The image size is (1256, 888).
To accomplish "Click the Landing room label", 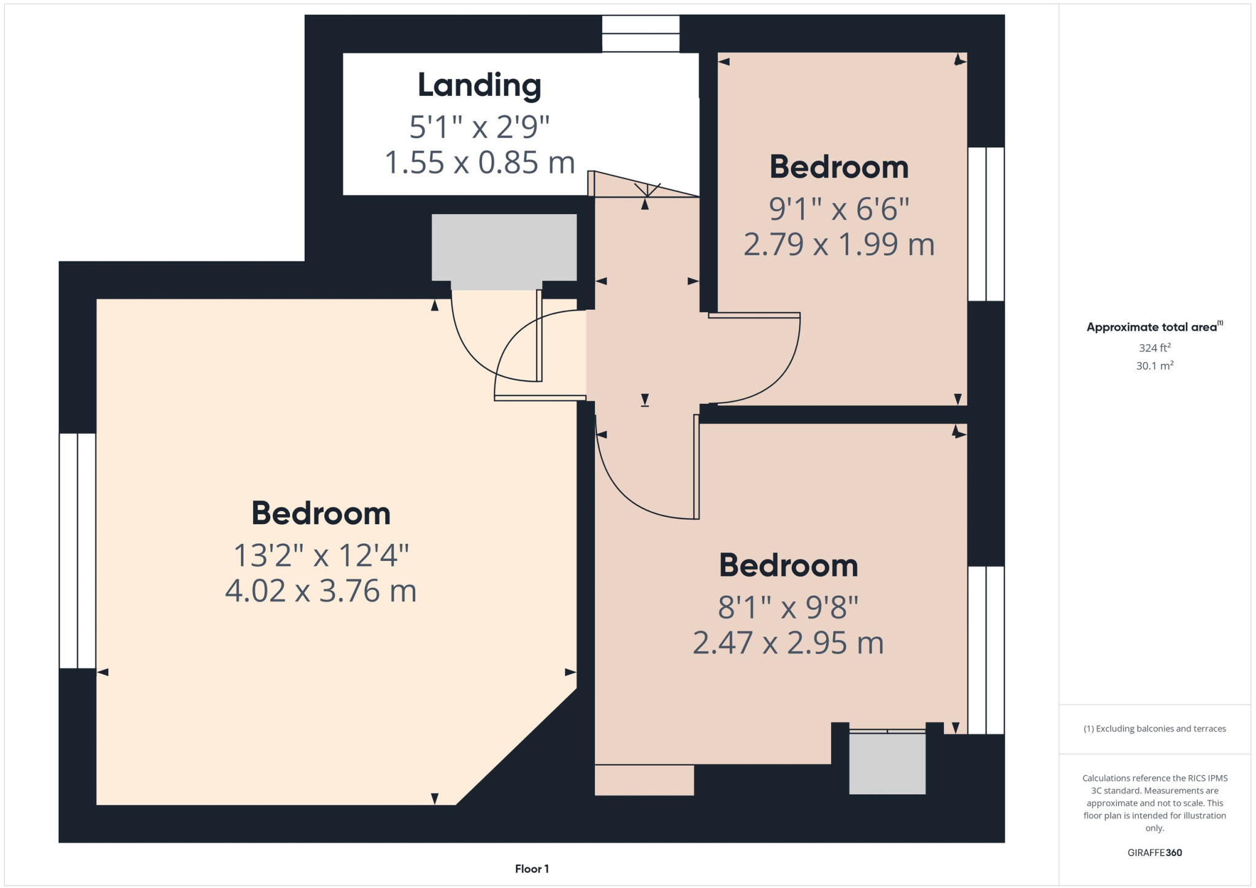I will point(479,85).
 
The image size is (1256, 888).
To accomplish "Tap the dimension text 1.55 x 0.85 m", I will point(479,163).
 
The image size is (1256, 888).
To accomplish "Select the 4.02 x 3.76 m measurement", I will point(321,591).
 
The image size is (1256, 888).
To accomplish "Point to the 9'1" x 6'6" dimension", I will point(838,209).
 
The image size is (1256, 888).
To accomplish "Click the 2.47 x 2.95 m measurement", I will point(788,643).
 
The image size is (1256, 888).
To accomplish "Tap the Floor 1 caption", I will point(532,869).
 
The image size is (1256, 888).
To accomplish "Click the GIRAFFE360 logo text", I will point(1154,852).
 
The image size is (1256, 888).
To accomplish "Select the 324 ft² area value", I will point(1154,348).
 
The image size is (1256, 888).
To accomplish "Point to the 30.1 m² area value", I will point(1154,366).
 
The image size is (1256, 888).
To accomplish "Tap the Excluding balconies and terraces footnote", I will point(1154,729).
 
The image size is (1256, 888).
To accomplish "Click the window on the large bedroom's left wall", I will point(78,550).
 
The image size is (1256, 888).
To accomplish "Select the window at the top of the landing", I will point(640,34).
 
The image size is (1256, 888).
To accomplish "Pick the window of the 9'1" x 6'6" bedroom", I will point(986,224).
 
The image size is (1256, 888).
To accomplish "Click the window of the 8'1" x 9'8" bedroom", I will point(986,650).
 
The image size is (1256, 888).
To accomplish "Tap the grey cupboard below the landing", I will point(504,249).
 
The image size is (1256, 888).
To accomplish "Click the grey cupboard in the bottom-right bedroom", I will point(887,763).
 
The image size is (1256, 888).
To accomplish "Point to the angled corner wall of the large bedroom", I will point(516,747).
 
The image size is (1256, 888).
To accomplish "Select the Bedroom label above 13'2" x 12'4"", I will point(321,513).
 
